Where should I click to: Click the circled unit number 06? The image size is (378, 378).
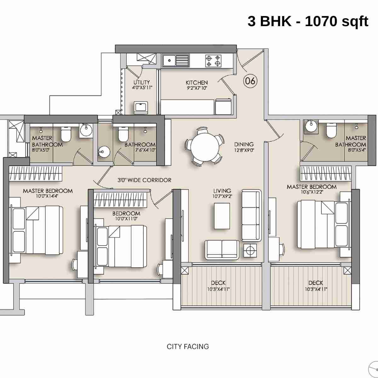click(250, 81)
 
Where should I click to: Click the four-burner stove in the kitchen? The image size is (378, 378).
click(213, 60)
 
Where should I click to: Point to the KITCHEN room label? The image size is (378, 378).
click(197, 83)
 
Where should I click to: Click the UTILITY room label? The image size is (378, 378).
click(141, 82)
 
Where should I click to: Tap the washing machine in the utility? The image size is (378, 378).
click(140, 107)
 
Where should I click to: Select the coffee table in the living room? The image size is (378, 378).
click(222, 216)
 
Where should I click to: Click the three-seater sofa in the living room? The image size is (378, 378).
click(251, 215)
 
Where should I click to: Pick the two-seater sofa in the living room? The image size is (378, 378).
click(222, 249)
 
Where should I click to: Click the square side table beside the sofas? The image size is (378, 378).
click(250, 251)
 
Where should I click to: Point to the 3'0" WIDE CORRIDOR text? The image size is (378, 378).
click(144, 180)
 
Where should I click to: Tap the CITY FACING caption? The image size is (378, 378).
click(188, 346)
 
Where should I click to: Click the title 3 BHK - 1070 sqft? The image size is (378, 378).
click(308, 21)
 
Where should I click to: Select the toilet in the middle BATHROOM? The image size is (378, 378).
click(123, 135)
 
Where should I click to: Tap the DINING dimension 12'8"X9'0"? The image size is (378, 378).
click(244, 150)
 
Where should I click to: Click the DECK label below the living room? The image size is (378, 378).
click(218, 283)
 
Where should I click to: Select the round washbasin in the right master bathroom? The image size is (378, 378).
click(310, 126)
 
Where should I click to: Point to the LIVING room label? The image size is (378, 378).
click(222, 191)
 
